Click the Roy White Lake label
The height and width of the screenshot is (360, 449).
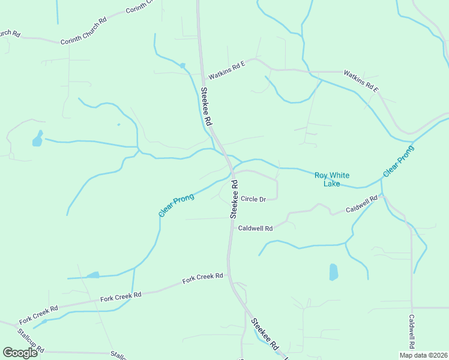pos(332,179)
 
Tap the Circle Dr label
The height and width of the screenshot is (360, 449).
pos(253,199)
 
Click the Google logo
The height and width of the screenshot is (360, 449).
pos(20,352)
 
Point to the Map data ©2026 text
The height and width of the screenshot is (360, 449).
pos(422,355)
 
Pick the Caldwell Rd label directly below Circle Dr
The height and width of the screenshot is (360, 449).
pos(255,229)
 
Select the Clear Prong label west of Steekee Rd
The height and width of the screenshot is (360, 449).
pos(176,205)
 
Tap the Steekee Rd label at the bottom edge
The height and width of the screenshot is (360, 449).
pos(265,335)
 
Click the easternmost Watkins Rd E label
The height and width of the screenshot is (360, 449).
pos(361,81)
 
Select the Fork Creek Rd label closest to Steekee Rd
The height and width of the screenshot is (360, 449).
pos(203,278)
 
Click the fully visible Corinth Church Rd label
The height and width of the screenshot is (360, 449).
pos(83,31)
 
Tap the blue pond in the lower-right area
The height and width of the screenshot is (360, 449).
pos(334,272)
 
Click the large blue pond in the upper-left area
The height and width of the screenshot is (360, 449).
pos(37,139)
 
